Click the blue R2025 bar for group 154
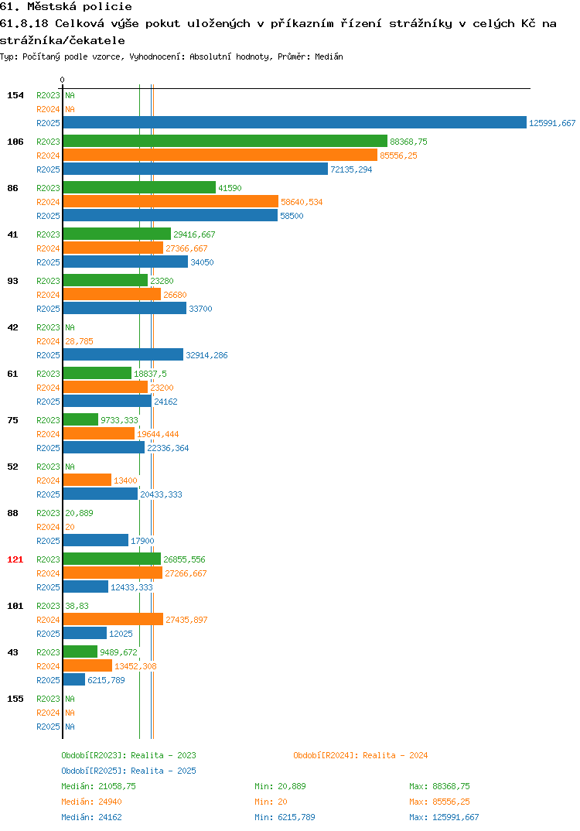coord(295,122)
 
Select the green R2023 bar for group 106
coord(226,141)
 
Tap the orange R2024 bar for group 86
coord(171,201)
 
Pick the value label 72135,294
coord(351,169)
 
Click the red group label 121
coord(15,559)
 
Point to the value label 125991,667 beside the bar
coord(552,123)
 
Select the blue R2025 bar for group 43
coord(74,679)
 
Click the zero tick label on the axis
coord(63,80)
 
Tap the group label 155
coord(15,699)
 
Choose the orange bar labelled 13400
coord(87,480)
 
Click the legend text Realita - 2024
coord(395,755)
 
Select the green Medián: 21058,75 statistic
coord(98,786)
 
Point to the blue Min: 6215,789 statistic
coord(285,817)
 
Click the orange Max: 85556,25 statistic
coord(439,802)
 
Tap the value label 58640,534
coord(302,202)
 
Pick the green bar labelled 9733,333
coord(81,419)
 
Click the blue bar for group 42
coord(124,354)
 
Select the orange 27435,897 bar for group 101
coord(114,619)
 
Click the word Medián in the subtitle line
coord(329,56)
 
